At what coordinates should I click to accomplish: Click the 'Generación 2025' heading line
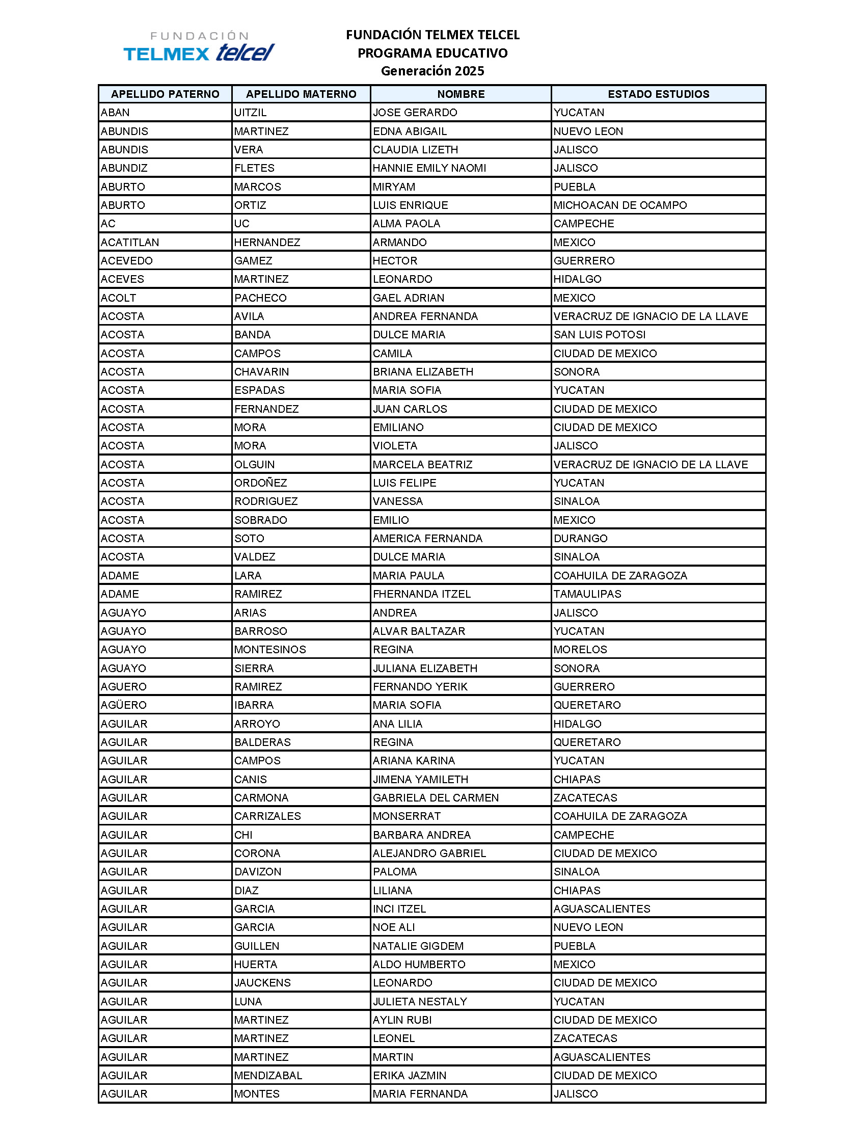(432, 71)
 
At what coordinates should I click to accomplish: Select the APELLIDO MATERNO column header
(301, 94)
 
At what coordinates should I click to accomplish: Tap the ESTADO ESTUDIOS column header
(658, 94)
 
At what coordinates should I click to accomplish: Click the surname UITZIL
(250, 113)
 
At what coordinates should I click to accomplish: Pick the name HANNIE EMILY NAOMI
(429, 168)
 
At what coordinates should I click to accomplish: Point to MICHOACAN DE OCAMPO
(620, 205)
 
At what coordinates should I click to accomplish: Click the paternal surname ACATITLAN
(130, 242)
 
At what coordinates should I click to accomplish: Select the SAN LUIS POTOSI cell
(599, 335)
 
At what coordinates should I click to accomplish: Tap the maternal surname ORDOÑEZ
(261, 483)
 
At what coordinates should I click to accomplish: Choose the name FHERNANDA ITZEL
(422, 594)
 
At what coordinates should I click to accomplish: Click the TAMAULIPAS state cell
(587, 594)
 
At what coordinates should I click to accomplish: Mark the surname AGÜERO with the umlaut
(124, 705)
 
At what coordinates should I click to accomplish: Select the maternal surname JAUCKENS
(262, 983)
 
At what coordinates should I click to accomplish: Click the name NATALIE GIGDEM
(418, 946)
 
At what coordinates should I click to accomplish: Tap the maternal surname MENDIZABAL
(268, 1075)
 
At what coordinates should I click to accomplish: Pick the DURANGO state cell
(580, 539)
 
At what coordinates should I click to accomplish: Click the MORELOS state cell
(580, 649)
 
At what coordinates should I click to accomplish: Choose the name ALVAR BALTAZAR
(419, 631)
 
